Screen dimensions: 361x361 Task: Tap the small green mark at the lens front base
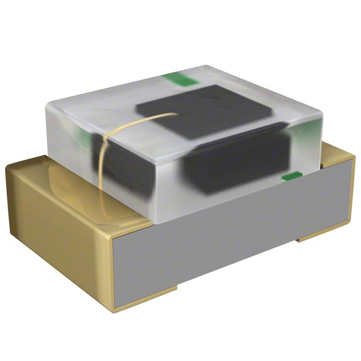(x=289, y=178)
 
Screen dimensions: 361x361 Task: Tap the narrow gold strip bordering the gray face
(x=116, y=271)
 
